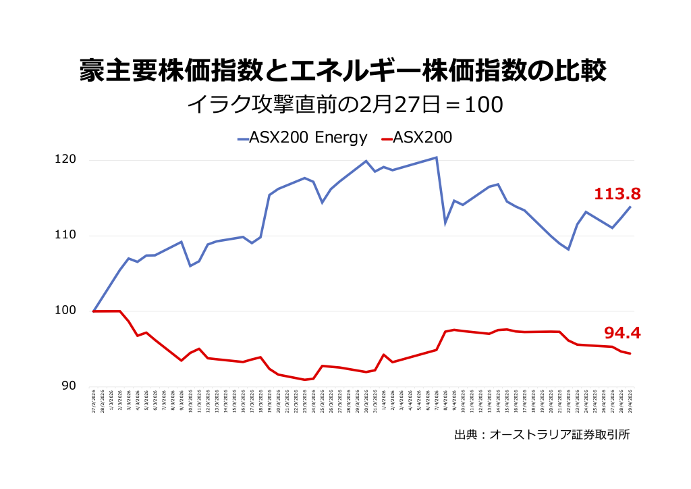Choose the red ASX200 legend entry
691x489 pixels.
(416, 138)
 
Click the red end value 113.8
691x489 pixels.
(617, 195)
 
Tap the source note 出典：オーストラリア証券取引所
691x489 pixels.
(542, 435)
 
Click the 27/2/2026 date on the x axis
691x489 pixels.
(93, 399)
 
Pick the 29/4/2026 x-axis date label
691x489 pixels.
(630, 399)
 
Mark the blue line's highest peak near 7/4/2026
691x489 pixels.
(437, 157)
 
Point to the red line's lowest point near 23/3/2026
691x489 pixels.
(304, 380)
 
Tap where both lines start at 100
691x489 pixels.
(93, 311)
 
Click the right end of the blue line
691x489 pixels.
(630, 207)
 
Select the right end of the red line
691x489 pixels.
(630, 353)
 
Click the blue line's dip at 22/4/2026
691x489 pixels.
(569, 250)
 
